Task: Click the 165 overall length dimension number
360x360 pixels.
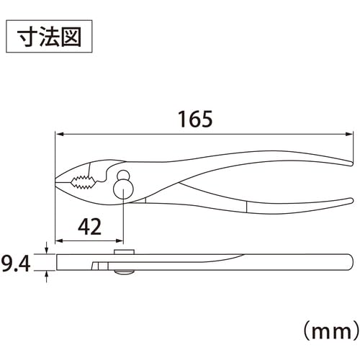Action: (x=195, y=119)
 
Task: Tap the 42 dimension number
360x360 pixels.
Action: (x=89, y=227)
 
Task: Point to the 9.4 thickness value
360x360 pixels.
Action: (x=16, y=264)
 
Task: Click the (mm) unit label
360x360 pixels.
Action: (x=331, y=332)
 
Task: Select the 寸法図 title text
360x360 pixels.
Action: (x=49, y=37)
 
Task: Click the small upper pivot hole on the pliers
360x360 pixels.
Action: (x=123, y=175)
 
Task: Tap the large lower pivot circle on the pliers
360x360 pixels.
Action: (x=123, y=189)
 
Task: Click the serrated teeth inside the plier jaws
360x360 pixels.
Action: (x=82, y=182)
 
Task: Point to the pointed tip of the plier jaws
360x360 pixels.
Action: (x=56, y=180)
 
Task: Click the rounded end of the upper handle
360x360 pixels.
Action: (x=351, y=163)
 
